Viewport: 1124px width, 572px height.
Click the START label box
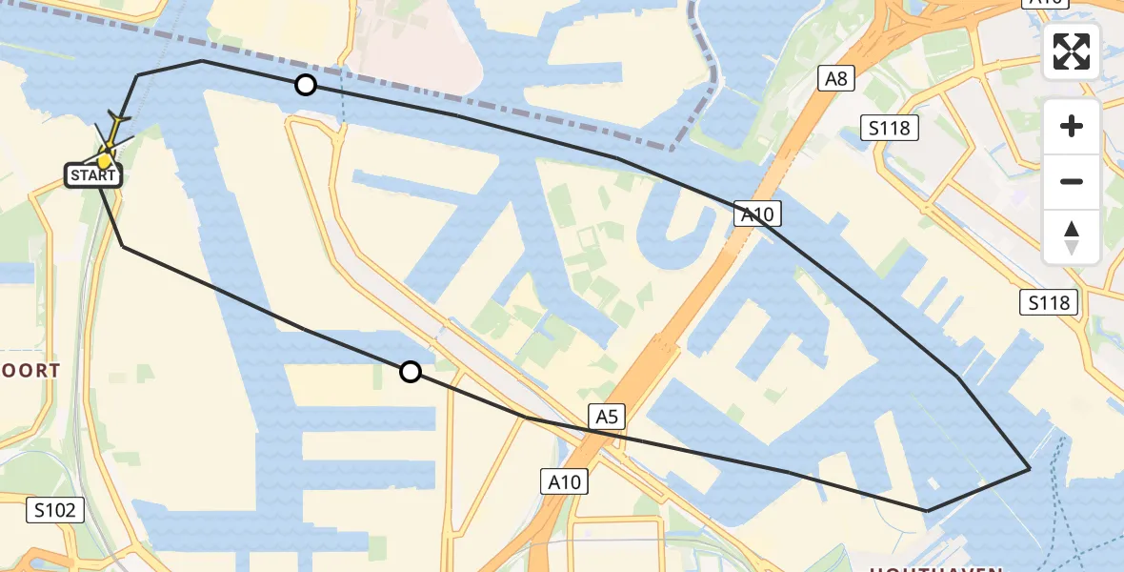pos(93,175)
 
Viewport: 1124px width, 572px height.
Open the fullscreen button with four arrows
pos(1072,51)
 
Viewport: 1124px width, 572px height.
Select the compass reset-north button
pos(1072,237)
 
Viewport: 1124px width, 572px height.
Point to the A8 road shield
pos(835,78)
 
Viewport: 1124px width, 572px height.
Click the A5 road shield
pos(608,416)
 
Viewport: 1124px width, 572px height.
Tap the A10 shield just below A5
pos(564,481)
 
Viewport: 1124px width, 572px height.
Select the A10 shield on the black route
pos(758,214)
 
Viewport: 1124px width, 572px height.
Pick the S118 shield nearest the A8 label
pos(890,128)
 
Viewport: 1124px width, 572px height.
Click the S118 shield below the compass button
pos(1050,303)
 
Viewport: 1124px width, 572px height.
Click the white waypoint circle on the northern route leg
pos(305,85)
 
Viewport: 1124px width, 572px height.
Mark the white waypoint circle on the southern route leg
pos(410,372)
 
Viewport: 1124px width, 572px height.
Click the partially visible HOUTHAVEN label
pos(933,568)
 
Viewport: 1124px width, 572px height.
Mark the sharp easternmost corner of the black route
pos(1029,469)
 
